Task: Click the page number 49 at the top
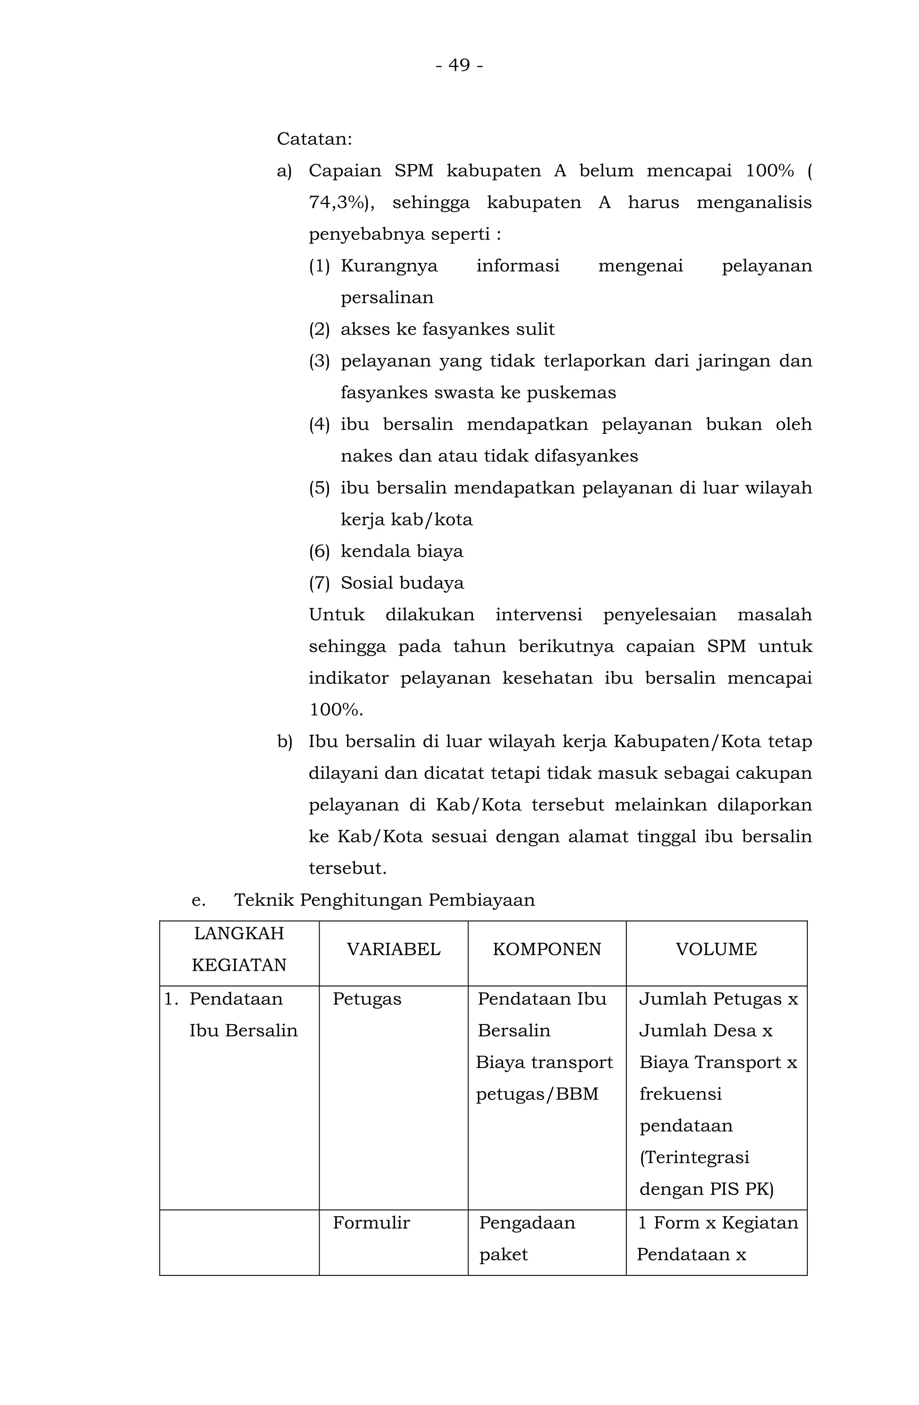[459, 65]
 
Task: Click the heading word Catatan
[314, 140]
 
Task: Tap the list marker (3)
[319, 361]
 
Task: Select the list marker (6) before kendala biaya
[319, 551]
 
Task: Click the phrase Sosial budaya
[402, 583]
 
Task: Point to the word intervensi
[538, 615]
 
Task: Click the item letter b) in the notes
[284, 742]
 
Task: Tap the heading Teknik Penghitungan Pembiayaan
[385, 900]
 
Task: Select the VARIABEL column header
[394, 949]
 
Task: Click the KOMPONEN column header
[546, 949]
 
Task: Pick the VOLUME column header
[716, 949]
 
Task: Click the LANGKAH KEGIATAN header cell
[239, 949]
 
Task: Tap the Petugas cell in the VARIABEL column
[367, 999]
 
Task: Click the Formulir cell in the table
[371, 1222]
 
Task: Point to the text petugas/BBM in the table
[537, 1094]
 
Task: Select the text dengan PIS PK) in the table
[706, 1189]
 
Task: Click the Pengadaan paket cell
[527, 1238]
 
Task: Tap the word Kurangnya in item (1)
[389, 266]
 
